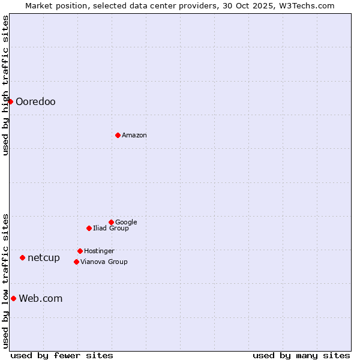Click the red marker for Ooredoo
click(x=10, y=101)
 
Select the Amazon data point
click(x=118, y=135)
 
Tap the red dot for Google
click(x=111, y=222)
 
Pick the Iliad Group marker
click(x=89, y=228)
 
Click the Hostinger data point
click(x=80, y=251)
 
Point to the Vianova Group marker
click(x=76, y=262)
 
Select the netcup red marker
click(x=22, y=257)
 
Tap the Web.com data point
click(x=13, y=298)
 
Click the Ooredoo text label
click(x=35, y=101)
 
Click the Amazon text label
click(x=134, y=135)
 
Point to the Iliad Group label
click(x=111, y=228)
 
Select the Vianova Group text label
click(x=104, y=262)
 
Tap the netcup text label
click(x=44, y=257)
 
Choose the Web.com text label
click(x=41, y=298)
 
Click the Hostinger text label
click(x=99, y=251)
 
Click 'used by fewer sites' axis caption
click(x=62, y=355)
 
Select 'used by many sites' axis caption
click(x=301, y=355)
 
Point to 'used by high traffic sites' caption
click(x=5, y=85)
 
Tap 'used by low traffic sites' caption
click(x=5, y=281)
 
